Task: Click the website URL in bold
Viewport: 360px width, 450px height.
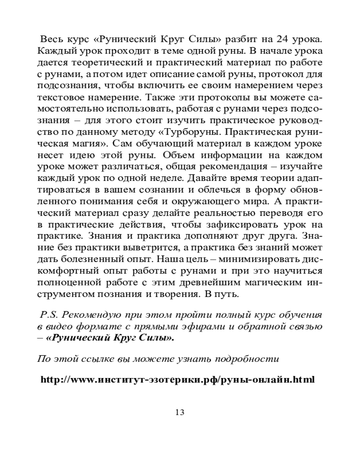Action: (x=177, y=379)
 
